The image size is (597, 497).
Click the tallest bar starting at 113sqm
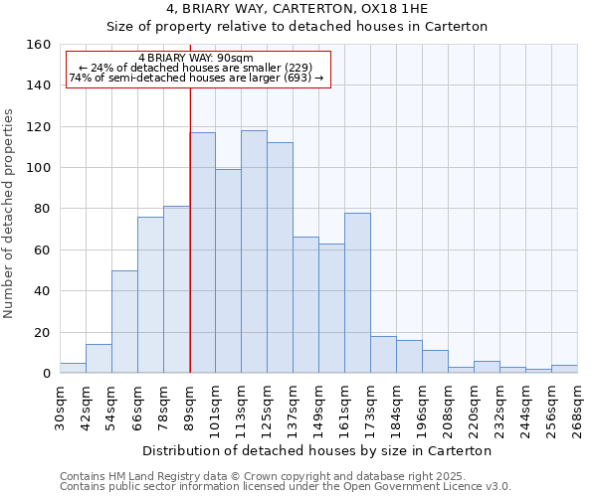pyautogui.click(x=254, y=251)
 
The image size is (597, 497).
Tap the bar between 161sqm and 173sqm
pyautogui.click(x=357, y=293)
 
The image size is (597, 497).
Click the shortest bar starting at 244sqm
pyautogui.click(x=538, y=371)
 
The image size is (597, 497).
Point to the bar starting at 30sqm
pyautogui.click(x=73, y=368)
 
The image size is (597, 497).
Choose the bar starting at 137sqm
pyautogui.click(x=305, y=305)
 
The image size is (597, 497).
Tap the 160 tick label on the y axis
pyautogui.click(x=39, y=45)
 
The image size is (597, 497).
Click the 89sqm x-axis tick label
pyautogui.click(x=190, y=406)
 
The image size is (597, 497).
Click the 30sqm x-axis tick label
pyautogui.click(x=61, y=406)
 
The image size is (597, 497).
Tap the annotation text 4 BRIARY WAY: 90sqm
pyautogui.click(x=196, y=58)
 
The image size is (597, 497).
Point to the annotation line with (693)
pyautogui.click(x=196, y=78)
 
